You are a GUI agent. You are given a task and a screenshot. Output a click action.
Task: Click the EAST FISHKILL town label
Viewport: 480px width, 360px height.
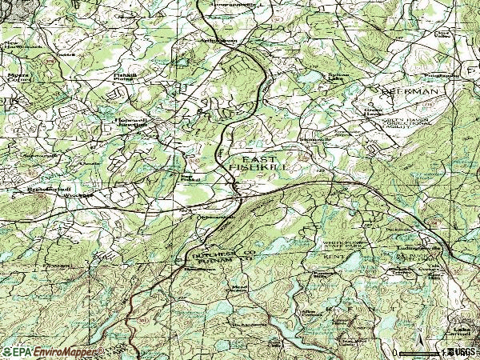(x=262, y=162)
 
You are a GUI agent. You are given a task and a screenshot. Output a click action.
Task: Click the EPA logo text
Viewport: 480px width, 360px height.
(x=18, y=351)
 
